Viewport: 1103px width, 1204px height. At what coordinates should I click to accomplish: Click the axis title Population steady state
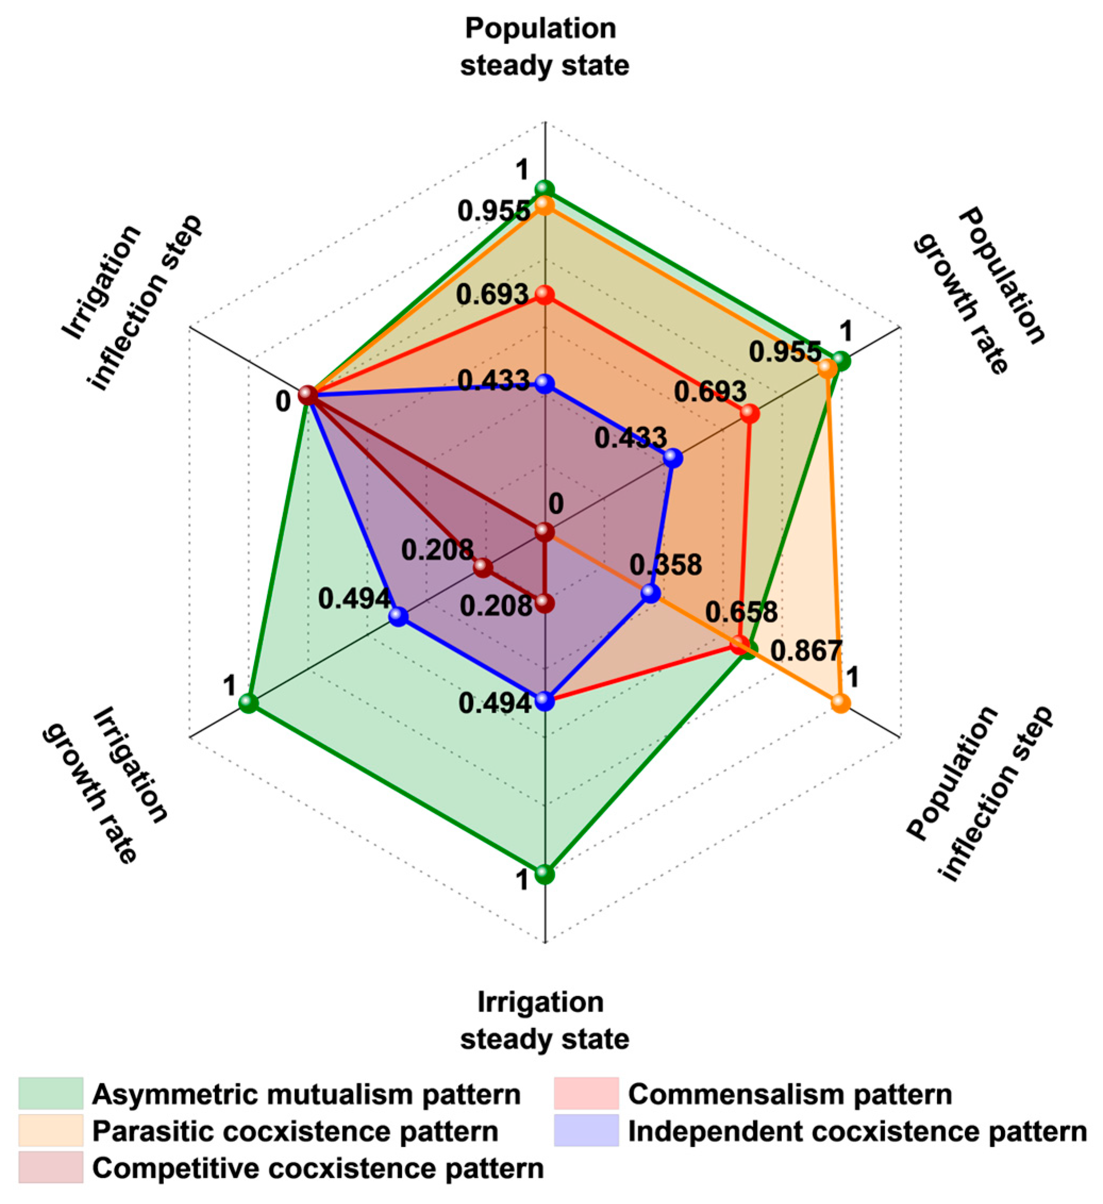pos(544,47)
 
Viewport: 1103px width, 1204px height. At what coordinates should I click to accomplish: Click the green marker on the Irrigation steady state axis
pos(544,874)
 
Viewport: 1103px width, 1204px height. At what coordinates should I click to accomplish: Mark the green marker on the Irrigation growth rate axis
pos(248,704)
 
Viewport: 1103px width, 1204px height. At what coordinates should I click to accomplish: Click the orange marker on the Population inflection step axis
pos(840,703)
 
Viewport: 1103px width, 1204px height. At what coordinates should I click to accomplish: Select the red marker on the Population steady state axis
pos(544,295)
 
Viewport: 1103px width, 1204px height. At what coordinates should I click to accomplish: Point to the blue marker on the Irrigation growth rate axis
pos(398,617)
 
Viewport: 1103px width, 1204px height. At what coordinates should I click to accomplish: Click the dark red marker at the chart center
pos(544,531)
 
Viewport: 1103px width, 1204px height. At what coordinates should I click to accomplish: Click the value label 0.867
pos(806,651)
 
